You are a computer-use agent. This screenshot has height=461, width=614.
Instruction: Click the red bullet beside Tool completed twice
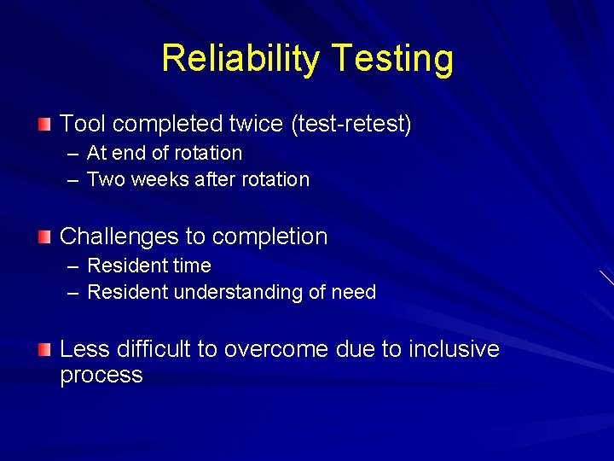(x=44, y=125)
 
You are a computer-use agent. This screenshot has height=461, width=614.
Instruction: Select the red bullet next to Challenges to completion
(x=44, y=236)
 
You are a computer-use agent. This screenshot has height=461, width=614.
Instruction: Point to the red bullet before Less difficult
(x=44, y=348)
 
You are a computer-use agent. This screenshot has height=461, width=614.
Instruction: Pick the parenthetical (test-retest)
(x=351, y=125)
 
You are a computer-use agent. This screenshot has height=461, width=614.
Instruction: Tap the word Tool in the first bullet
(x=83, y=125)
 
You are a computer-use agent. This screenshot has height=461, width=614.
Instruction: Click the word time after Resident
(x=193, y=266)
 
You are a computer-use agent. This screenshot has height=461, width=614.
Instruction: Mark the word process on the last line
(x=101, y=376)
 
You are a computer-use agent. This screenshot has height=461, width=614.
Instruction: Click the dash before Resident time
(x=75, y=266)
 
